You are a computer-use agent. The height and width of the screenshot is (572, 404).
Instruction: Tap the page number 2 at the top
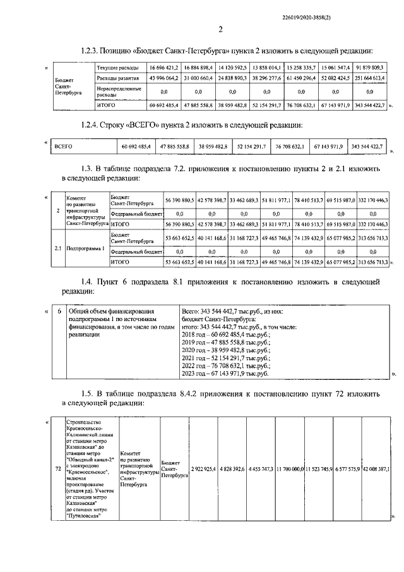pos(220,29)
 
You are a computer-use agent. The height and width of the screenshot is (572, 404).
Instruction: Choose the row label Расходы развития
pos(117,78)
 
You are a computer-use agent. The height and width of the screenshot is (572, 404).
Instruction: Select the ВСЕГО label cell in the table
pos(64,146)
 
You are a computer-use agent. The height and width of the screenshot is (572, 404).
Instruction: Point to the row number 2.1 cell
pos(58,248)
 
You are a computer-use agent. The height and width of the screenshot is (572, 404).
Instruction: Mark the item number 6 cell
pos(59,312)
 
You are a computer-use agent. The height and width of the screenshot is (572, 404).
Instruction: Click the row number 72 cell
pos(58,469)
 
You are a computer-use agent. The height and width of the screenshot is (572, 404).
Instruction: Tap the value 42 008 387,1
pos(375,469)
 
